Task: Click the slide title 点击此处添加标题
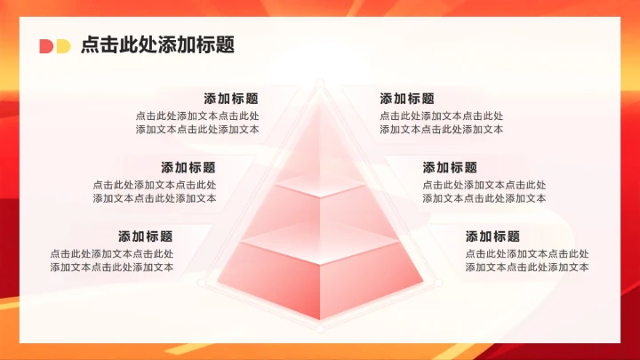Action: click(x=157, y=45)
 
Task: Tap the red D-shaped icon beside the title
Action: click(x=46, y=46)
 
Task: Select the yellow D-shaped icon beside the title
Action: click(x=62, y=46)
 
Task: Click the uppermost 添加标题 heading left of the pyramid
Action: click(x=231, y=99)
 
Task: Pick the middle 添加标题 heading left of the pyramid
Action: click(x=188, y=167)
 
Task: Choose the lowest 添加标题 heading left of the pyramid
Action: click(x=146, y=236)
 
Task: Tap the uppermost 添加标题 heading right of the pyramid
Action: click(x=407, y=99)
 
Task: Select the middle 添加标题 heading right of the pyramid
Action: click(x=450, y=167)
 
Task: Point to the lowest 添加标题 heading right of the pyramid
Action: click(x=492, y=236)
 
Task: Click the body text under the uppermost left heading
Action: click(x=197, y=123)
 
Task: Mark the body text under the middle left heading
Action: click(x=155, y=191)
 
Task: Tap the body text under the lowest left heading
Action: click(x=112, y=260)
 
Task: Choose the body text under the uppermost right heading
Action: click(x=441, y=123)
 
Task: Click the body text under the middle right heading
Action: click(x=484, y=191)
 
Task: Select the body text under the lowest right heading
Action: click(x=526, y=260)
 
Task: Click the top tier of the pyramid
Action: click(x=319, y=151)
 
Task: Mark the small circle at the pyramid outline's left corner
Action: click(x=203, y=284)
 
